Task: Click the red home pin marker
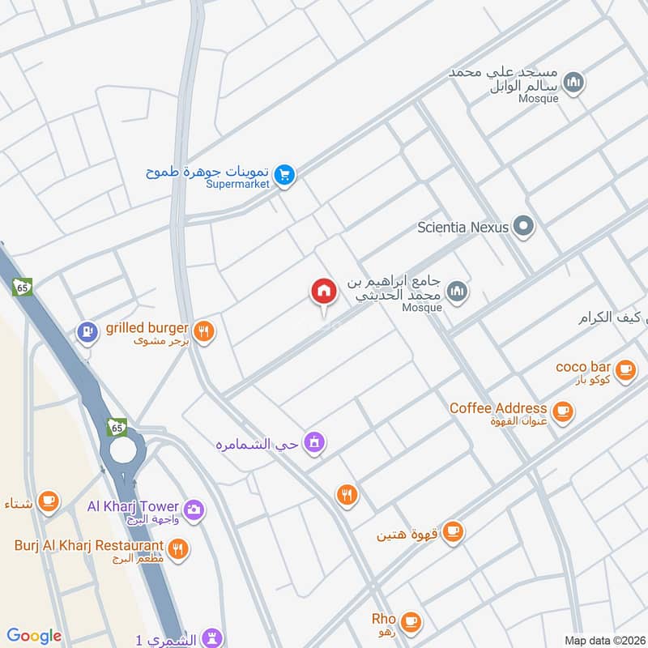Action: point(323,292)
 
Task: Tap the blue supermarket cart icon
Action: point(283,173)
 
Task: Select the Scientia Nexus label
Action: point(463,228)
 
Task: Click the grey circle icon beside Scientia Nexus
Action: point(524,227)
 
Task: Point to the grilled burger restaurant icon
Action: point(204,330)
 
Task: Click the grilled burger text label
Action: point(147,328)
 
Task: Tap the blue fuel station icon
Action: point(86,331)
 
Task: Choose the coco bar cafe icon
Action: point(625,369)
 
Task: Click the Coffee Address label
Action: point(498,408)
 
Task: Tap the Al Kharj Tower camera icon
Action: point(194,509)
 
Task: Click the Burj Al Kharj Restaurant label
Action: point(89,545)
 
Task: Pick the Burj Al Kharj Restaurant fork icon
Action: point(180,548)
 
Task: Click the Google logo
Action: point(34,636)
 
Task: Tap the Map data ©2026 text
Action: point(604,641)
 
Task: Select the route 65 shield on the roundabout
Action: point(118,426)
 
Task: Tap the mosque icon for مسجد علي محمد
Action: point(573,83)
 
